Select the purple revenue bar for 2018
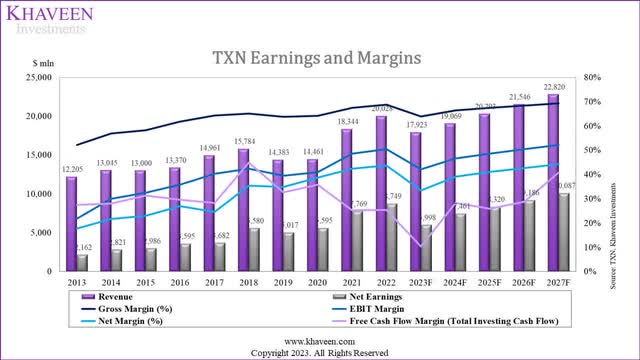(x=244, y=210)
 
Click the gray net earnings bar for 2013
(x=82, y=262)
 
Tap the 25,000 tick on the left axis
(x=38, y=77)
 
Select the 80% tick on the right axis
(x=591, y=77)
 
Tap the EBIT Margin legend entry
(x=391, y=311)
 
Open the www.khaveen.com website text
(x=319, y=341)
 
